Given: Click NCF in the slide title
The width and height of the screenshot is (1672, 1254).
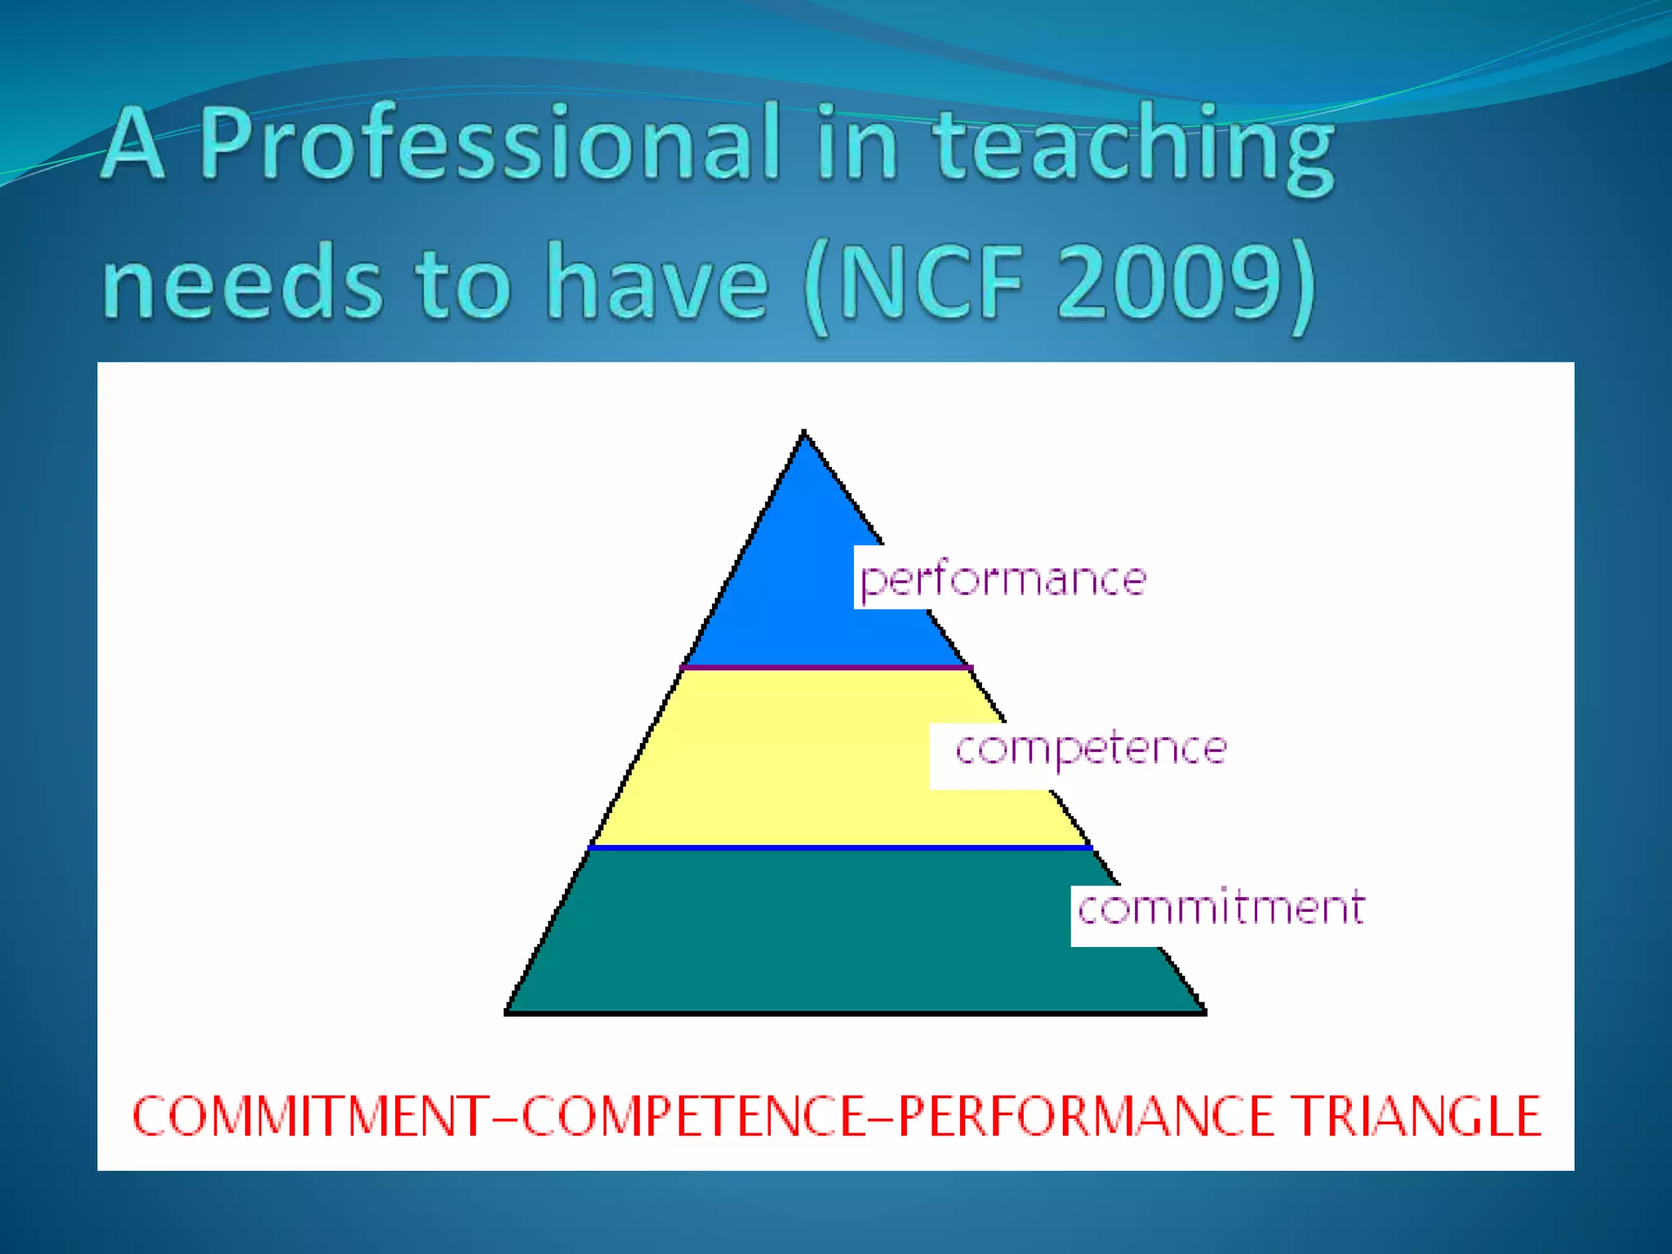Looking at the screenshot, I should [x=931, y=282].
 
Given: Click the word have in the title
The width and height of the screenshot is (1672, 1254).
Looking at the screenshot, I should [x=657, y=282].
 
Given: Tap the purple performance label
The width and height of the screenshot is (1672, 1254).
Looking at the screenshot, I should [x=1003, y=580].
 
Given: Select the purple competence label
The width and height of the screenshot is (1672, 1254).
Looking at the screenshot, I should [x=1091, y=749].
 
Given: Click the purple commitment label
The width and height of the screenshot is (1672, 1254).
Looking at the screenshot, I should [x=1221, y=909].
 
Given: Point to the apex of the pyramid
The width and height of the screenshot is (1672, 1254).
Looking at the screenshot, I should [x=804, y=433].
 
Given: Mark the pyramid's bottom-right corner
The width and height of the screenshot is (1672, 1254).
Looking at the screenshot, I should [x=1204, y=1012].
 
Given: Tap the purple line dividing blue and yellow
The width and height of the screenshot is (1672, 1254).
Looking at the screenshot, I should [x=825, y=668].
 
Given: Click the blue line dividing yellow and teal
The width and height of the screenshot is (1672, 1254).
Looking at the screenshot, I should [x=841, y=848].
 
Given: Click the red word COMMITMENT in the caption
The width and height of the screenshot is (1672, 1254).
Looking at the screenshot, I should [x=310, y=1117].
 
